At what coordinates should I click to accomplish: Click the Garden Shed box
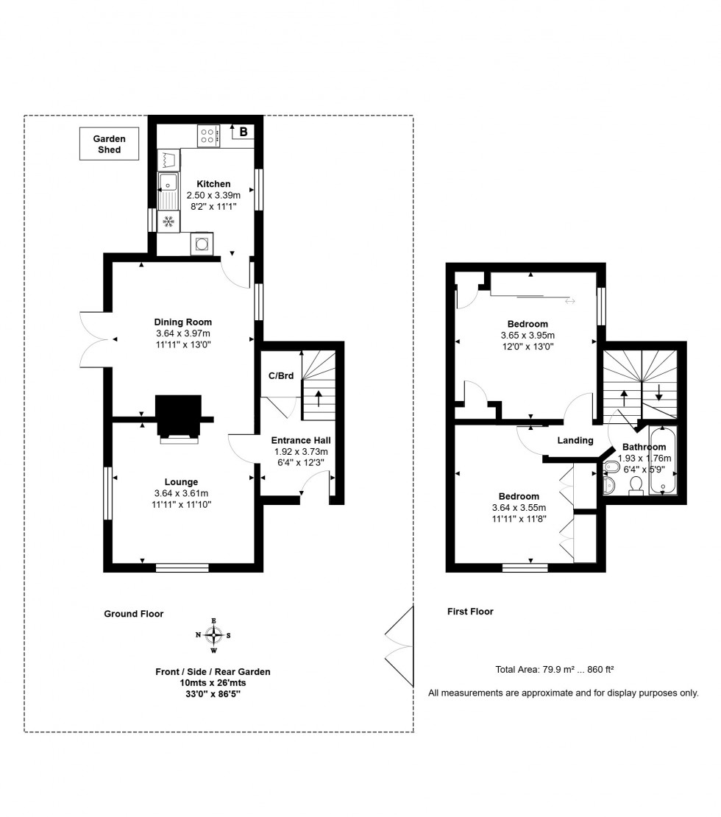pyautogui.click(x=109, y=144)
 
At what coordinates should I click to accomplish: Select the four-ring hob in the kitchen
pyautogui.click(x=208, y=135)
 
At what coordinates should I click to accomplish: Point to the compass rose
pyautogui.click(x=213, y=635)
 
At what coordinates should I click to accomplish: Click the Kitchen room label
pyautogui.click(x=213, y=184)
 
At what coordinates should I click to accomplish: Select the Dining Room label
pyautogui.click(x=182, y=322)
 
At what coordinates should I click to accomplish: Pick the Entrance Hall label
pyautogui.click(x=300, y=440)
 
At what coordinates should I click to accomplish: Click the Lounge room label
pyautogui.click(x=181, y=482)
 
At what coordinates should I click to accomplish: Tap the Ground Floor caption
pyautogui.click(x=133, y=614)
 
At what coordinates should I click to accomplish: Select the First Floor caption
pyautogui.click(x=470, y=612)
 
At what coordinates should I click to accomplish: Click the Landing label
pyautogui.click(x=575, y=441)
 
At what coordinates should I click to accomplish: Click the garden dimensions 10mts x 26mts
pyautogui.click(x=212, y=683)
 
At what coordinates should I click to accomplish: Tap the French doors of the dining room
pyautogui.click(x=93, y=339)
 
